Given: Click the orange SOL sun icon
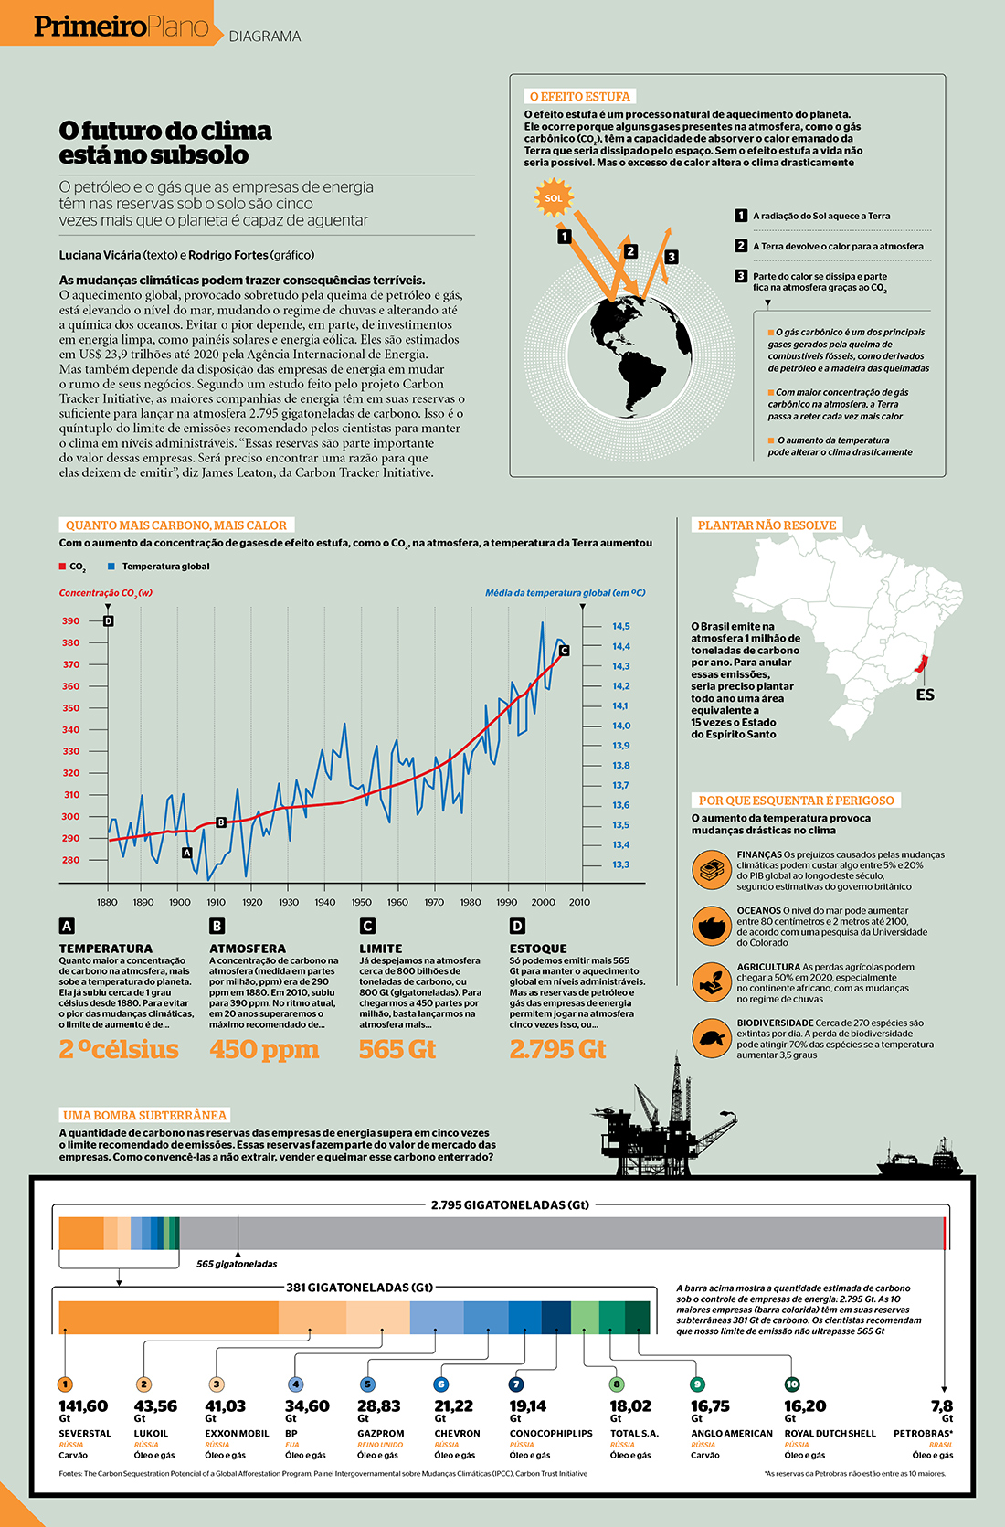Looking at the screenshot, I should point(553,198).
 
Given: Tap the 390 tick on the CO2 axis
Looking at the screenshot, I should point(70,621).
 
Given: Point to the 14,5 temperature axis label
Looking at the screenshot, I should point(621,627).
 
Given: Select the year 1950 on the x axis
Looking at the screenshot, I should point(361,902).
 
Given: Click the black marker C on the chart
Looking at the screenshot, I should point(564,651).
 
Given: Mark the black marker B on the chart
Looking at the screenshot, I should point(220,822).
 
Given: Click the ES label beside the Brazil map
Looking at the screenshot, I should point(925,695).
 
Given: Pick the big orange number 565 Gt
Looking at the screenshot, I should point(397,1049).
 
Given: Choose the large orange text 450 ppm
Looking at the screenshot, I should point(264,1049).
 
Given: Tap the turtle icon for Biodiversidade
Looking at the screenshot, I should point(710,1038).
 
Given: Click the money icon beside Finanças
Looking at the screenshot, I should point(710,869).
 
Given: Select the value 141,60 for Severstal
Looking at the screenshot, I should point(83,1406).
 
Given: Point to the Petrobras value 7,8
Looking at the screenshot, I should point(942,1406).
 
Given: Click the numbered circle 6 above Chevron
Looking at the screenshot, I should point(440,1384).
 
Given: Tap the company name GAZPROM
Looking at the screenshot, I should point(380,1434).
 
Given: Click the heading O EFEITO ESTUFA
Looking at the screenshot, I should point(579,96).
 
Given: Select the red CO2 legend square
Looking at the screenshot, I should point(63,567).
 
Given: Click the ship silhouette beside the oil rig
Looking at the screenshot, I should point(918,1161).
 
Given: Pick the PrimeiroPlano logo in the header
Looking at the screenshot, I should point(122,27).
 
